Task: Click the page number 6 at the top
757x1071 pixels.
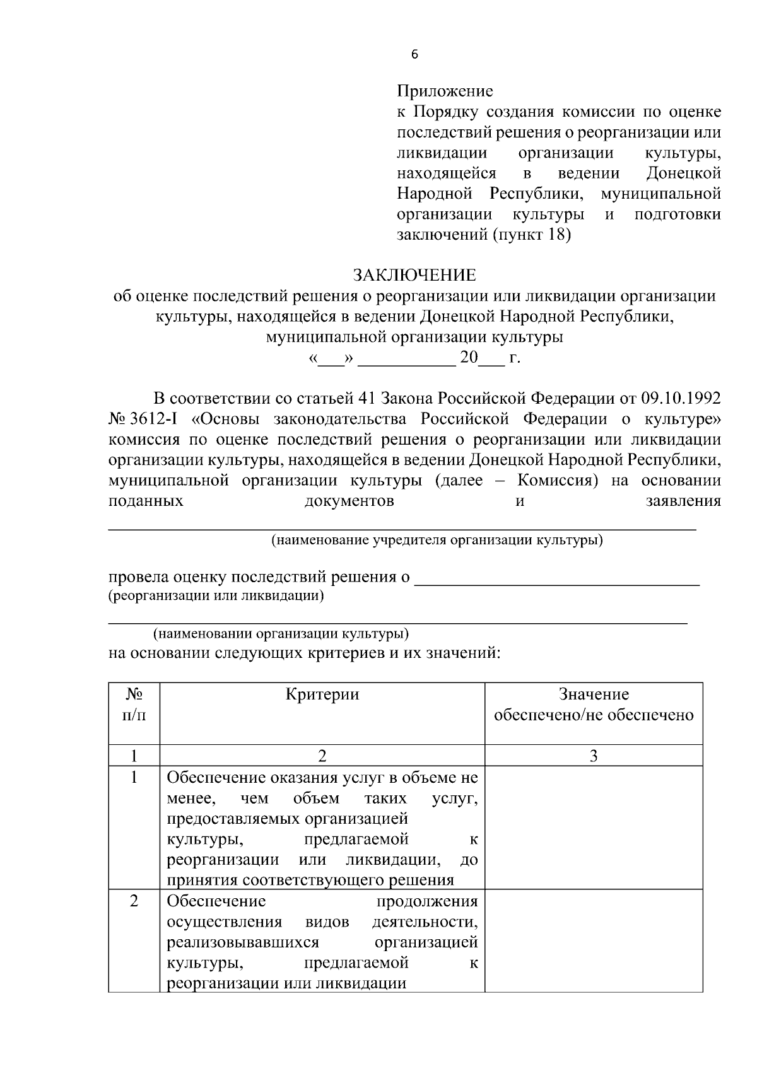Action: tap(414, 54)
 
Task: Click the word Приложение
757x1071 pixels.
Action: tap(445, 91)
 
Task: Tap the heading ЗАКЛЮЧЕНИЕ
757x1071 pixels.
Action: tap(414, 276)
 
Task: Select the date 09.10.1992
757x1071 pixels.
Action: tap(681, 399)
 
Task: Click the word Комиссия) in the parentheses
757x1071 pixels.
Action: tap(558, 481)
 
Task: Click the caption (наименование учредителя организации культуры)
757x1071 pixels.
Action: tap(437, 541)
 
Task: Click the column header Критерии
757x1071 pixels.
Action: tap(322, 695)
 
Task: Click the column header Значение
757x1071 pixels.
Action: tap(594, 695)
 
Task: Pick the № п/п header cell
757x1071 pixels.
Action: tap(134, 705)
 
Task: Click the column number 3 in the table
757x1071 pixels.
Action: tap(594, 756)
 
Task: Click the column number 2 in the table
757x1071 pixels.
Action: tap(322, 756)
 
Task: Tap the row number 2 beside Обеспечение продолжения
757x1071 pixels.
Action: tap(134, 901)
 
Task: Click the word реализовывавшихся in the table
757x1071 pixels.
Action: tap(243, 943)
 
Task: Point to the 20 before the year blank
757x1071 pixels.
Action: tap(469, 358)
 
